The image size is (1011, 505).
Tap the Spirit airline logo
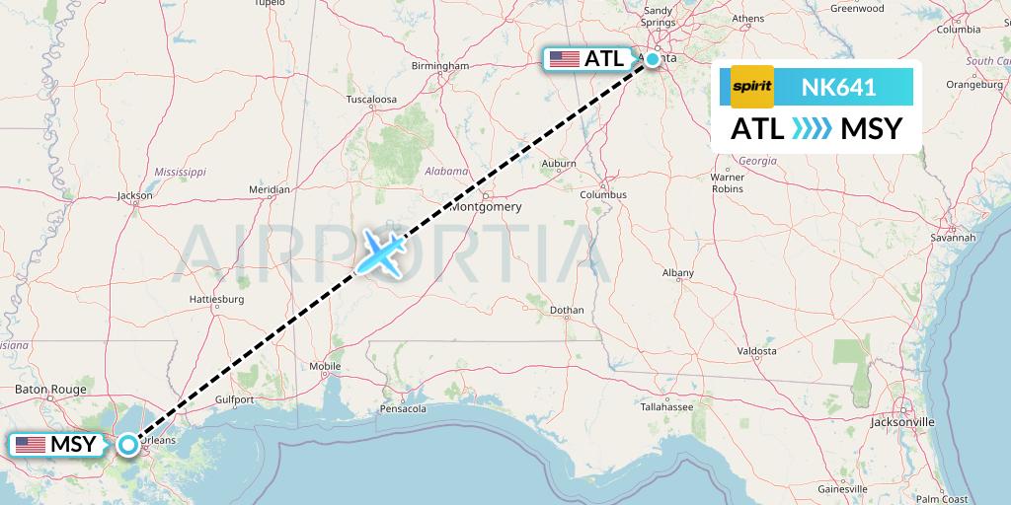pos(751,88)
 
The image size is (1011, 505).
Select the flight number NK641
pos(837,88)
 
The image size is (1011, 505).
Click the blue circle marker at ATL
pos(653,59)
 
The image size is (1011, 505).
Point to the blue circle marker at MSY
pos(128,445)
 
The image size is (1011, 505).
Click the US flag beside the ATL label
pos(565,59)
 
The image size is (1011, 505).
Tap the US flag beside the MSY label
pos(31,445)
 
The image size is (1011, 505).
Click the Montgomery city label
pos(485,207)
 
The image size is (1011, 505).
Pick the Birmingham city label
pos(440,66)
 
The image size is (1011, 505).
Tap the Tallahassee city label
pos(663,405)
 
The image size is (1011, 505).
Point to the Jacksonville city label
pos(902,421)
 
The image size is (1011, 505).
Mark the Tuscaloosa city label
pos(371,100)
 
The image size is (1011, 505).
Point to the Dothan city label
pos(567,310)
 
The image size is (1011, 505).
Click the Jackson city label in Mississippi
pos(134,195)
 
